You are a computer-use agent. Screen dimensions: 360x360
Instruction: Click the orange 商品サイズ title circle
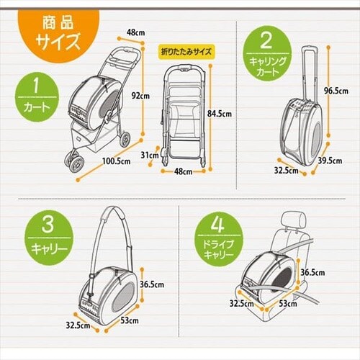[x=49, y=32]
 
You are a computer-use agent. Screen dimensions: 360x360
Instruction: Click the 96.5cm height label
[x=341, y=91]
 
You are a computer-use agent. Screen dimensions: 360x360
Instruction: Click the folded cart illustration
[x=186, y=115]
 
